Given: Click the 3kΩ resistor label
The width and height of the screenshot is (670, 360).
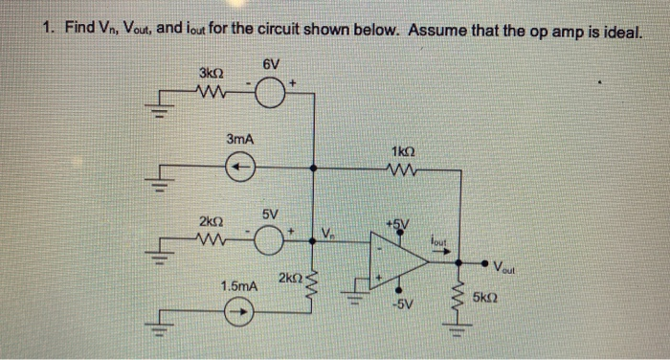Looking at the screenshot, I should pyautogui.click(x=211, y=73).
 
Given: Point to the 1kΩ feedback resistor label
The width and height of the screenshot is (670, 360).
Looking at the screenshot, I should pyautogui.click(x=404, y=151).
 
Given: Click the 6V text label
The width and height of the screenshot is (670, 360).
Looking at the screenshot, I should pyautogui.click(x=271, y=64).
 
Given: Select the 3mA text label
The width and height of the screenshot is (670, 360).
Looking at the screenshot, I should pyautogui.click(x=239, y=140).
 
